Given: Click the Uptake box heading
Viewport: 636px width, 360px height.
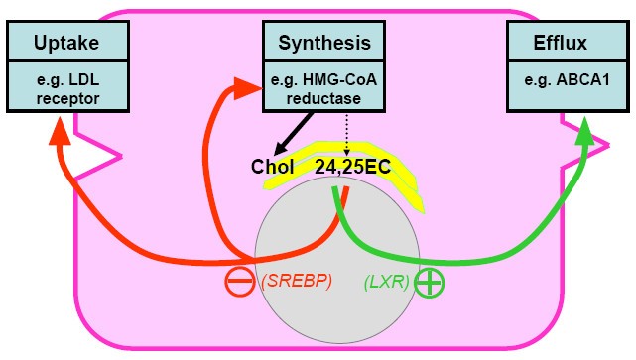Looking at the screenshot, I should coord(67,44).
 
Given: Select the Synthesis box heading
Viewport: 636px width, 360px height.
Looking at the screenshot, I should coord(323,43).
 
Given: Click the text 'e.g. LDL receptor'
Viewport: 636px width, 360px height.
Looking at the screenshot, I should coord(67,86).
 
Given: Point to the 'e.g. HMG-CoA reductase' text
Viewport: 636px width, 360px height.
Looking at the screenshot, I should coord(323,86).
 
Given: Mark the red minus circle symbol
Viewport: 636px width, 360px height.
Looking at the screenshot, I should coord(241,282).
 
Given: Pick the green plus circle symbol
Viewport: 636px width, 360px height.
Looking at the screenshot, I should coord(429,282).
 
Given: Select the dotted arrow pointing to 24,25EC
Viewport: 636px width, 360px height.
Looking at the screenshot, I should coord(344,134).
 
